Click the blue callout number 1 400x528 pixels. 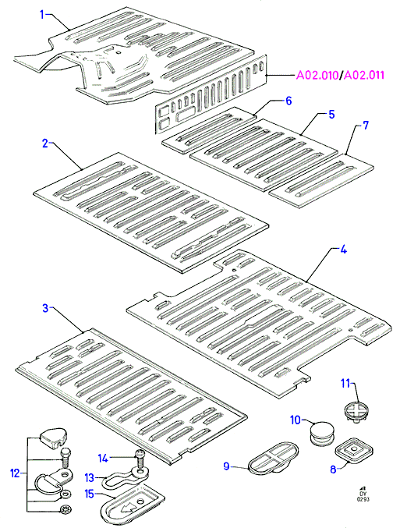[x=42, y=15]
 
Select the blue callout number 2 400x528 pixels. [x=45, y=144]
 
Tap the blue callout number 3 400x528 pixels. [x=46, y=308]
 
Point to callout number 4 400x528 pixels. [x=343, y=250]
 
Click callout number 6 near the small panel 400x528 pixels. [x=288, y=101]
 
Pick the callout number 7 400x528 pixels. [x=366, y=126]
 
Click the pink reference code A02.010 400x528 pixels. [x=317, y=75]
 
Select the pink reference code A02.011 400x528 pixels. [x=363, y=75]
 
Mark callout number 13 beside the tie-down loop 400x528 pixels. [x=89, y=477]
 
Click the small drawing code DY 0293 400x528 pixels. [x=364, y=493]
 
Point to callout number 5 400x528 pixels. [x=331, y=114]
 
